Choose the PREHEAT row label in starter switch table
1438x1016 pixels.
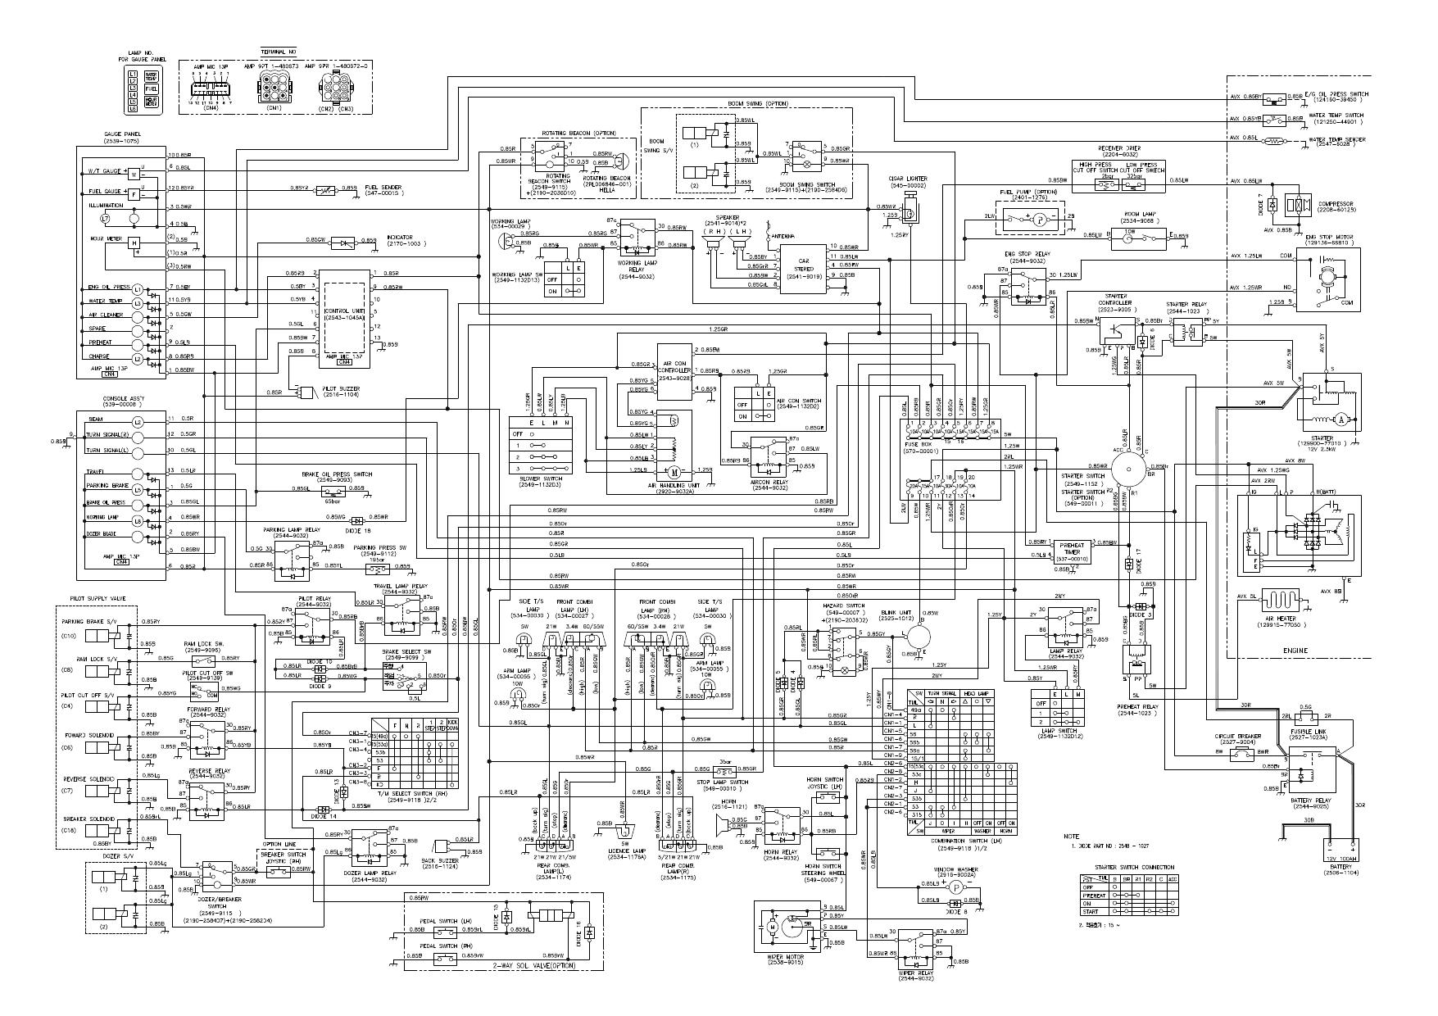point(1094,896)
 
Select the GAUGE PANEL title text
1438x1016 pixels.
point(120,134)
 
